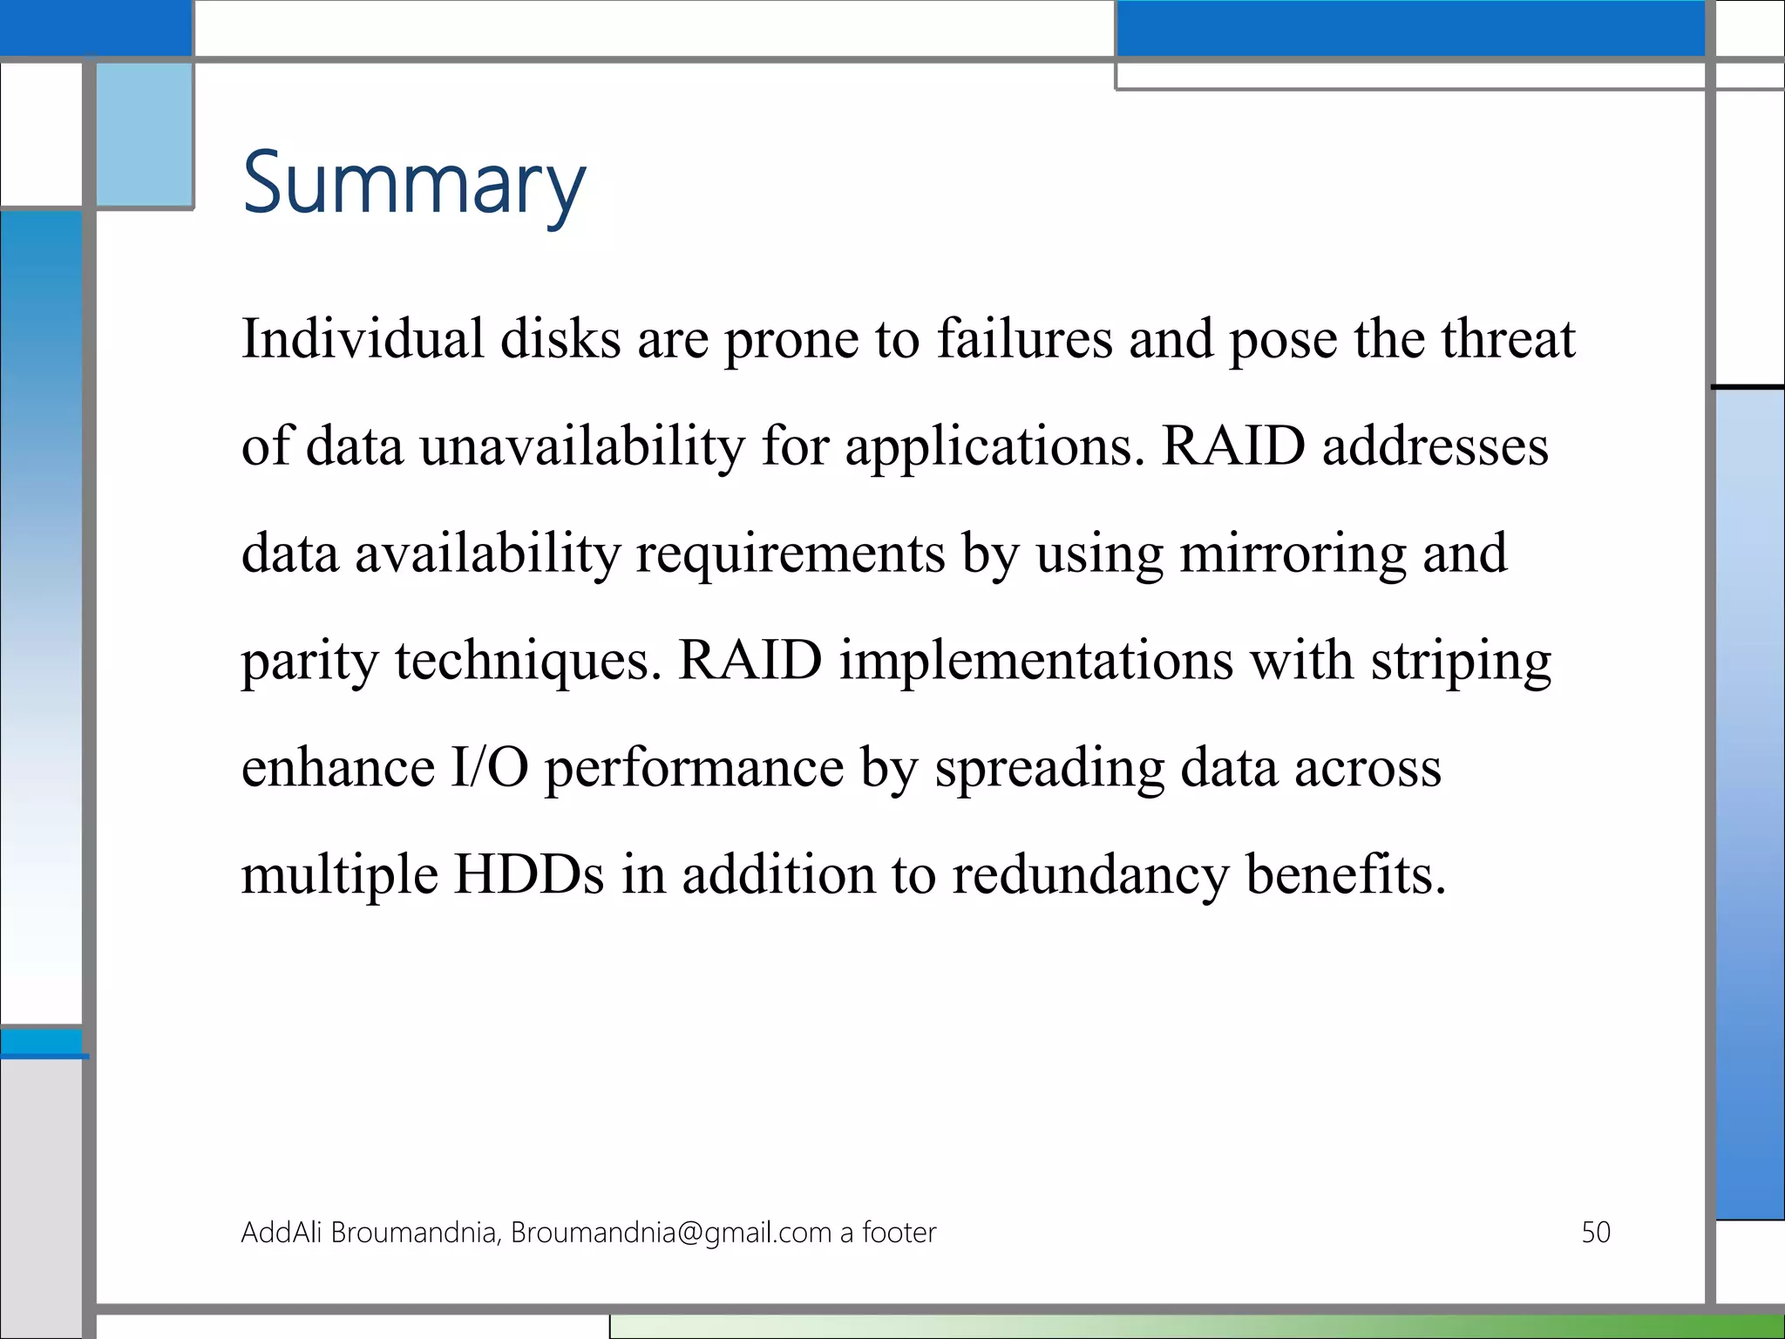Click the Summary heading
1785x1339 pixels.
(414, 183)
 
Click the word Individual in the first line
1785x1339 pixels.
(362, 338)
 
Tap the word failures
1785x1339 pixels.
(1024, 338)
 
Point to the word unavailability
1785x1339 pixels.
(582, 446)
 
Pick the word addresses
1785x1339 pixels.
(1435, 446)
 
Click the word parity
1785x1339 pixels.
(309, 663)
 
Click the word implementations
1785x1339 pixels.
(1036, 663)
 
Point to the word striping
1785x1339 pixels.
(1461, 663)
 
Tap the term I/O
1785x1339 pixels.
(489, 768)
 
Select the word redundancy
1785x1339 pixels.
(1089, 876)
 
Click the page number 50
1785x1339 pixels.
(1595, 1232)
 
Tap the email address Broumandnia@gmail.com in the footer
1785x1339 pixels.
(671, 1233)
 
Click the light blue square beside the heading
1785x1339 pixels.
(145, 135)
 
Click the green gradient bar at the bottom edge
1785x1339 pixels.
(1220, 1327)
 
